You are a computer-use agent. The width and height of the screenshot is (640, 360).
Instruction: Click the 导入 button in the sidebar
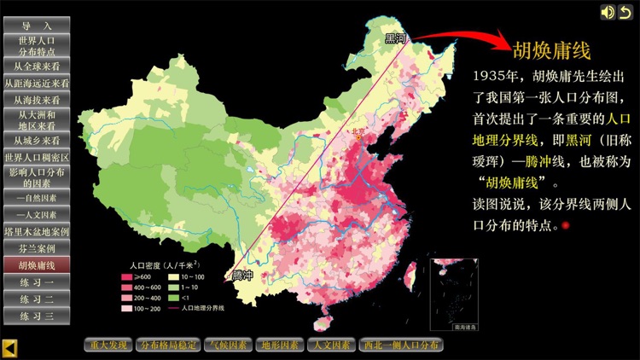pos(37,26)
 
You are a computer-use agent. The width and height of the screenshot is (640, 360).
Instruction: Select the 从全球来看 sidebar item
pos(37,66)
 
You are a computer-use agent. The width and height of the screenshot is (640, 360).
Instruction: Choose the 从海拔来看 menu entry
pos(37,99)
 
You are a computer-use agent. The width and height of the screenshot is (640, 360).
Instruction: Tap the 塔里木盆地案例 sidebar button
pos(37,231)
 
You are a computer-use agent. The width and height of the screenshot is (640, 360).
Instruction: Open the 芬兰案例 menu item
pos(37,248)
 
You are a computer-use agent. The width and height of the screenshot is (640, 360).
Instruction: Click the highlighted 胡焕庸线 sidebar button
pos(37,265)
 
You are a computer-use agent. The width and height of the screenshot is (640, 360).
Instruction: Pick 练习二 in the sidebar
pos(37,299)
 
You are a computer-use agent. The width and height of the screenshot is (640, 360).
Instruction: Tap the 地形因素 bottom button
pos(280,345)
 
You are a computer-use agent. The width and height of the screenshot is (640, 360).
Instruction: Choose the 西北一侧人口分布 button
pos(400,345)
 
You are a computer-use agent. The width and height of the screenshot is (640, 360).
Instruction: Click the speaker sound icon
pos(608,12)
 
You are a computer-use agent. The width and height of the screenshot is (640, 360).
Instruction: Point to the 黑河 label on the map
pos(397,38)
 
